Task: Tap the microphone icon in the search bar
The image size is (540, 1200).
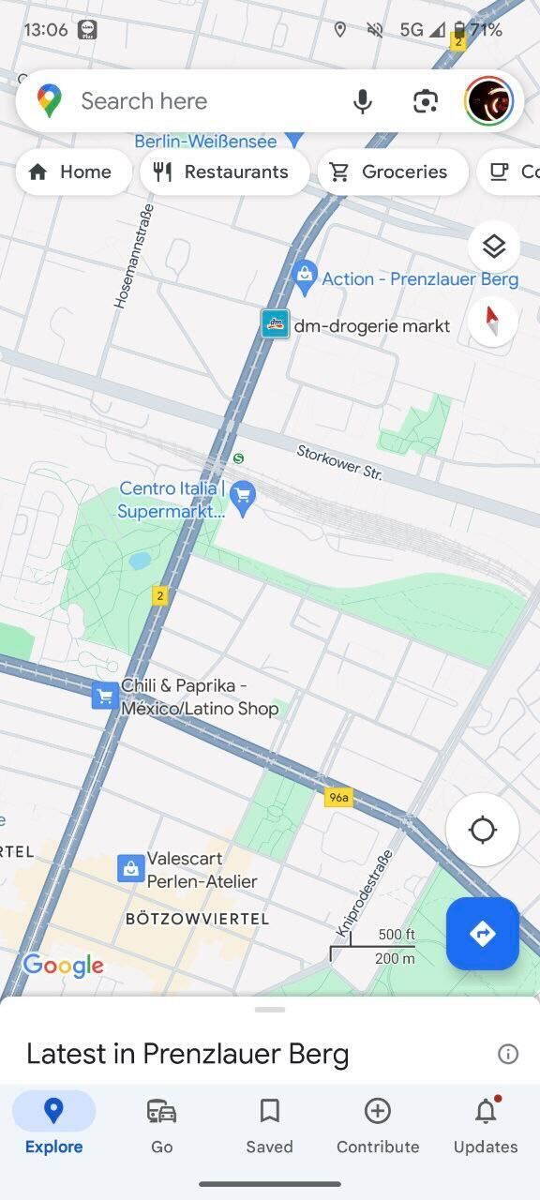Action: [x=363, y=101]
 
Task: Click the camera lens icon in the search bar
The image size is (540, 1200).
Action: [x=426, y=101]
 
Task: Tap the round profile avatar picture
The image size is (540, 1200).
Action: [x=488, y=101]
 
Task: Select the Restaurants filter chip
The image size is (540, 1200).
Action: [x=224, y=172]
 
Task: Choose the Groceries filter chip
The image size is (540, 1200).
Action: [x=393, y=172]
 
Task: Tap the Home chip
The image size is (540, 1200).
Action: [x=72, y=172]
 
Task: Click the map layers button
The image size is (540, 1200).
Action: [x=493, y=247]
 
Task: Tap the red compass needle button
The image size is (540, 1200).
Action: [x=493, y=322]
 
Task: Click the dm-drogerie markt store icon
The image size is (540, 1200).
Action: [x=275, y=324]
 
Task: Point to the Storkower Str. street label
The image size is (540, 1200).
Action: [x=339, y=462]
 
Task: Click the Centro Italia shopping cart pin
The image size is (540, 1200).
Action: [x=243, y=496]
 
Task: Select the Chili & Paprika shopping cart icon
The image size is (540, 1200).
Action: [x=104, y=697]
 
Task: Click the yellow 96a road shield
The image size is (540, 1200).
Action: [x=338, y=798]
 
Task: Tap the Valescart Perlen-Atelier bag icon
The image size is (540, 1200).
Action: [x=130, y=868]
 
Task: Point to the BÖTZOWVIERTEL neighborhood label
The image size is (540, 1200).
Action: [x=197, y=919]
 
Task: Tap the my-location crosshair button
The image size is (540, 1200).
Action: [x=482, y=830]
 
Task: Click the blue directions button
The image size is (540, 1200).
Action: [x=482, y=934]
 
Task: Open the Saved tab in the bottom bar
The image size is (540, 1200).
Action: [x=269, y=1125]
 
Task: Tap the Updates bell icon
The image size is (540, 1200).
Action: [x=485, y=1112]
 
